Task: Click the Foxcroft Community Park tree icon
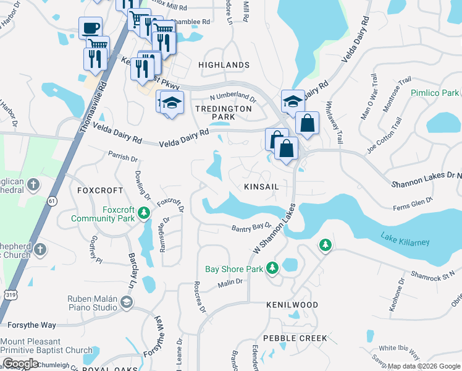click(143, 213)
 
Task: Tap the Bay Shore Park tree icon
click(272, 268)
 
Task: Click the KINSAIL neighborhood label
click(262, 186)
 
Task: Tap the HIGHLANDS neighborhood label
click(224, 65)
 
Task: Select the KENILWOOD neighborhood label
click(292, 305)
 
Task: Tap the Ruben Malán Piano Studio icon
click(127, 302)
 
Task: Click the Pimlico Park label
click(435, 93)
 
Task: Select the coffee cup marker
click(90, 28)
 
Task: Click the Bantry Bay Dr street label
click(251, 229)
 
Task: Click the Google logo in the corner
click(20, 364)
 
